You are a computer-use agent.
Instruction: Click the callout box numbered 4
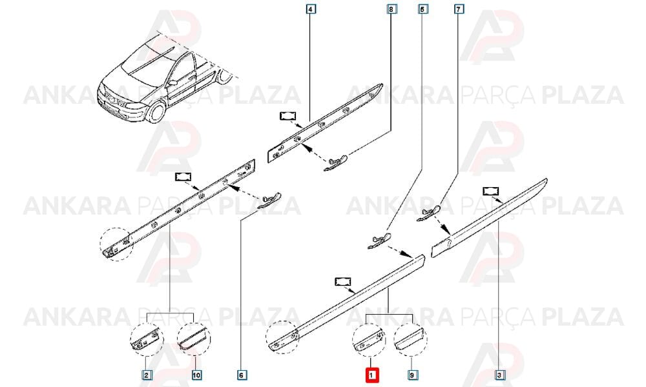[x=311, y=8]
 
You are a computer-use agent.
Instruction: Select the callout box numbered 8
[x=391, y=8]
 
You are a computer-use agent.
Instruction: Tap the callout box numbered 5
[x=422, y=8]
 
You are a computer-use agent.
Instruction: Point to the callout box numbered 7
[x=459, y=8]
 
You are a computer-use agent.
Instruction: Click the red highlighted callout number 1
[x=371, y=375]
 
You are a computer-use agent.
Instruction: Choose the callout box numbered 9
[x=412, y=375]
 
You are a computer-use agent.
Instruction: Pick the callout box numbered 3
[x=499, y=375]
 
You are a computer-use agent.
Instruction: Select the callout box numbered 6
[x=242, y=375]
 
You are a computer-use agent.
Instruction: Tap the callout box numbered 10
[x=196, y=375]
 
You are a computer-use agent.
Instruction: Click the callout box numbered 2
[x=146, y=375]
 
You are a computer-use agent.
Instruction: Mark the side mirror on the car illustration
[x=172, y=83]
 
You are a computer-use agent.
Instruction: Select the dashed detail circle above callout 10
[x=194, y=339]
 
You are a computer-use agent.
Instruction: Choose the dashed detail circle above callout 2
[x=147, y=339]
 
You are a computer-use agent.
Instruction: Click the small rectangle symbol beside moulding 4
[x=288, y=116]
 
